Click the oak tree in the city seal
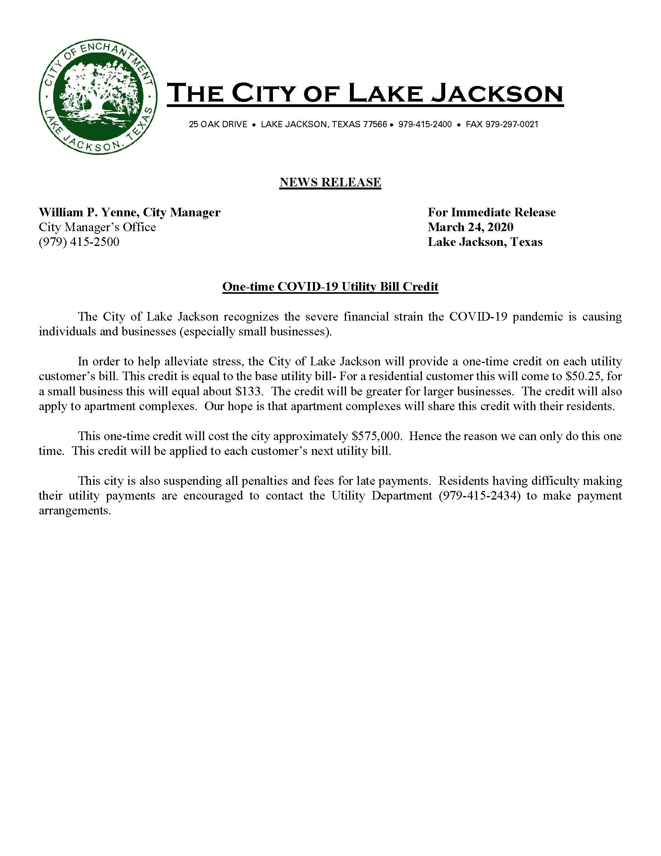coord(98,93)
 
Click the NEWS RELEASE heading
coord(330,182)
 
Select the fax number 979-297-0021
coord(512,125)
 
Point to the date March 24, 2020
coord(470,227)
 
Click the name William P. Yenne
coord(87,212)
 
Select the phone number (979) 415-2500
coord(79,242)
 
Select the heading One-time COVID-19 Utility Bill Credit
coord(330,287)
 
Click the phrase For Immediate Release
coord(491,212)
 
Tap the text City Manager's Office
coord(97,227)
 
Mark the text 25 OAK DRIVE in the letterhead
coord(218,125)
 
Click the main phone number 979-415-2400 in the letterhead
coord(425,125)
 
